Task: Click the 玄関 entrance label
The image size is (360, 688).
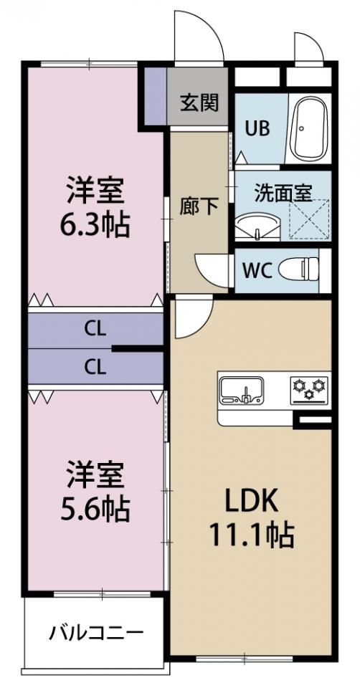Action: pyautogui.click(x=199, y=103)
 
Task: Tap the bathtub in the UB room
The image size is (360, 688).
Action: pyautogui.click(x=311, y=128)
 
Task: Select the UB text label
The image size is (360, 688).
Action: pyautogui.click(x=257, y=129)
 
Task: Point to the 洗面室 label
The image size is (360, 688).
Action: pyautogui.click(x=283, y=193)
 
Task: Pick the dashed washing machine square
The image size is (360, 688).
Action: pyautogui.click(x=309, y=219)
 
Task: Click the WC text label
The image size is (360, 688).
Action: pyautogui.click(x=258, y=269)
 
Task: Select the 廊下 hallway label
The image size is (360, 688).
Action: pyautogui.click(x=199, y=207)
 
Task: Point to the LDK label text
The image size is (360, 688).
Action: pyautogui.click(x=251, y=501)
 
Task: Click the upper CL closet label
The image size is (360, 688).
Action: pyautogui.click(x=95, y=329)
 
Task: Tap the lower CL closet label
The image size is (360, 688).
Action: pyautogui.click(x=95, y=366)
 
